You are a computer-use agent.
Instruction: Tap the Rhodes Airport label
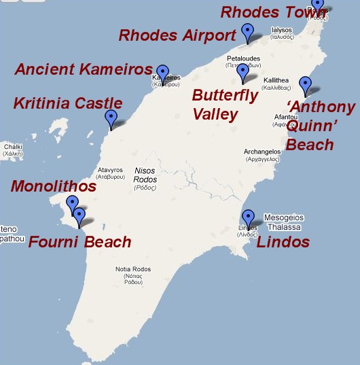click(177, 35)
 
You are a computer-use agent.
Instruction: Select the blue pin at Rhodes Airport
click(248, 31)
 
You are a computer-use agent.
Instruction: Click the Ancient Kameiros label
click(84, 69)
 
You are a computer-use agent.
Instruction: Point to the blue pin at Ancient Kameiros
click(162, 72)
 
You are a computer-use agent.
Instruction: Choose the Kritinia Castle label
click(68, 104)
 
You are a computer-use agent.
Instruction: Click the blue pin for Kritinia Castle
click(111, 118)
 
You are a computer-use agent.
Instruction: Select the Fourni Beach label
click(80, 242)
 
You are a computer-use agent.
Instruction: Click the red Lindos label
click(283, 242)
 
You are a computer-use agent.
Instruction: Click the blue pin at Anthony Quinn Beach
click(306, 85)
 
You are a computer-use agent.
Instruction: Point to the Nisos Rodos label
click(145, 175)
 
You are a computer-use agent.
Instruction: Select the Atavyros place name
click(110, 173)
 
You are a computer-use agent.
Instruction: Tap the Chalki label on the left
click(13, 150)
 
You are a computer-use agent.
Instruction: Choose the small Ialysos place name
click(282, 33)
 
